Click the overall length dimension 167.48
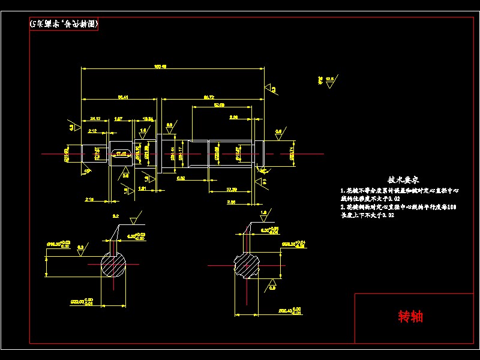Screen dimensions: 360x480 pos(160,66)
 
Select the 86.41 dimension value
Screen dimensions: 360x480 pos(123,97)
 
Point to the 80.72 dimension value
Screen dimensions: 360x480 pos(209,97)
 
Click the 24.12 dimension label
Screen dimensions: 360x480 pos(95,118)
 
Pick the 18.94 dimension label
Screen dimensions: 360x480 pos(148,118)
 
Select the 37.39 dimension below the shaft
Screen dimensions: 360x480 pos(231,190)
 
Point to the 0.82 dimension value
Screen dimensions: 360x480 pos(181,178)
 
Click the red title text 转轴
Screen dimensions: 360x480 pos(410,316)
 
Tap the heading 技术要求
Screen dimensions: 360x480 pos(403,179)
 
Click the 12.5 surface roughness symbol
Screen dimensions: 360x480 pos(329,80)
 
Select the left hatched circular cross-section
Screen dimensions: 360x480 pos(114,264)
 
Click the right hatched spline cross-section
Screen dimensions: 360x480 pos(247,265)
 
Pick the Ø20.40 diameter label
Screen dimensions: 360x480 pos(289,311)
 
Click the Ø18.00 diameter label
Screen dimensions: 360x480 pos(59,244)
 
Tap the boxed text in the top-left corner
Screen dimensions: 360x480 pos(64,24)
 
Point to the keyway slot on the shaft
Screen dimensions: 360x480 pos(122,154)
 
